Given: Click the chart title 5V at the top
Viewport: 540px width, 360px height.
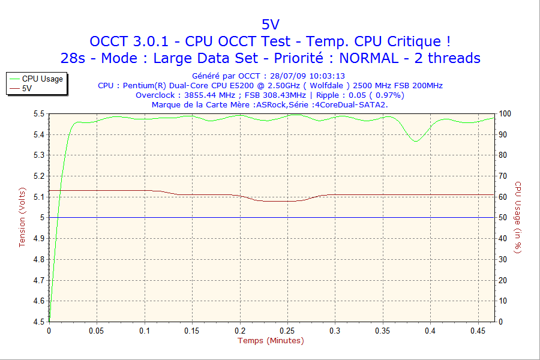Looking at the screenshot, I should click(270, 24).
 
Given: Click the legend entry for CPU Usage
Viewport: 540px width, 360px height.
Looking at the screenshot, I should click(42, 79).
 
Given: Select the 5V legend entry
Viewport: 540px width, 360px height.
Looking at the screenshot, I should click(27, 88).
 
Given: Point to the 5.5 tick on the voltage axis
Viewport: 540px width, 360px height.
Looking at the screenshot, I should click(38, 113).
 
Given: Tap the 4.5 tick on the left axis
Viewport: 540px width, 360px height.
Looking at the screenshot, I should click(38, 322).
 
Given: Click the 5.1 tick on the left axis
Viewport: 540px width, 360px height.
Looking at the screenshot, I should click(38, 197).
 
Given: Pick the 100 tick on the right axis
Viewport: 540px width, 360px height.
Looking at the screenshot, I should click(505, 113).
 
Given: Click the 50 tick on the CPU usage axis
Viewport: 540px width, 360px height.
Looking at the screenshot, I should click(503, 217).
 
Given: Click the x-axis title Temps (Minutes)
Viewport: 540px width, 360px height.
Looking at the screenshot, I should click(271, 341).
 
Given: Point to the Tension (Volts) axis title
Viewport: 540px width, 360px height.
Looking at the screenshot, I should click(23, 217).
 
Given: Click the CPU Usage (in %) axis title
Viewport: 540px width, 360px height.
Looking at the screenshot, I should click(518, 217).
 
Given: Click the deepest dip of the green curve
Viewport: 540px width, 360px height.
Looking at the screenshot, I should click(415, 141).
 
